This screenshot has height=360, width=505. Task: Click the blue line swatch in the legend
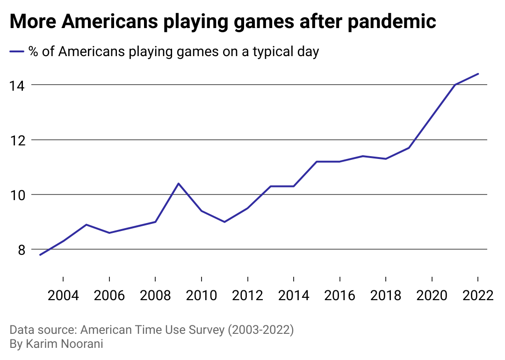[17, 51]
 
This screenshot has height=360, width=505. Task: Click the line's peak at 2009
[178, 183]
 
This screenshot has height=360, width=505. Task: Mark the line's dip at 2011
[224, 222]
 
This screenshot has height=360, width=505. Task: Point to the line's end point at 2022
[478, 74]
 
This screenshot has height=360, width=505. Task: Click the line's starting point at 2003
[40, 255]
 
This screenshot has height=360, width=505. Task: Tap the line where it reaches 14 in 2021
[455, 85]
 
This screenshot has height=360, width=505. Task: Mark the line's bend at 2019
[409, 148]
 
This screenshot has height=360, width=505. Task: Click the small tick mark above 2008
[155, 280]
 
